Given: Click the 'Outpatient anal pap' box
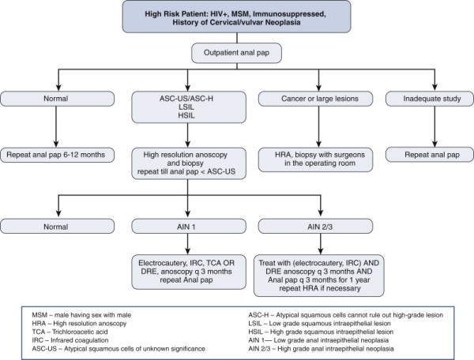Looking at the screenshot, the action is [236, 53].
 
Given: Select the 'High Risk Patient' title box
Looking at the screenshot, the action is [236, 17].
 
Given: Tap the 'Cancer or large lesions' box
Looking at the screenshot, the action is [315, 99].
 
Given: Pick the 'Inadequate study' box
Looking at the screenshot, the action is [430, 99].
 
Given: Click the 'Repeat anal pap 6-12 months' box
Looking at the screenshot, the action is [57, 155].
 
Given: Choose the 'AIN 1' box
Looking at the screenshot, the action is [189, 227].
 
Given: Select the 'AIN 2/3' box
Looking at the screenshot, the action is [315, 227].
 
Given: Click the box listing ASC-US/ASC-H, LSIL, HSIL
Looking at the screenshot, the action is [189, 107].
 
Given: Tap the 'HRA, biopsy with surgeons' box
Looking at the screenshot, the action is [315, 159].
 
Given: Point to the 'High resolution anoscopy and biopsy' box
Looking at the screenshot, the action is [189, 163].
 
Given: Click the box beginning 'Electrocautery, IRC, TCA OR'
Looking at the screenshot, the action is [189, 272].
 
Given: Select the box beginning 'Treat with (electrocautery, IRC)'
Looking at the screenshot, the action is [319, 276].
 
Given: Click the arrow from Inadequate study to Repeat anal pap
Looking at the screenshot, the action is [434, 127].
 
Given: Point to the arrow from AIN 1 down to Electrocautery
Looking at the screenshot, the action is [188, 244].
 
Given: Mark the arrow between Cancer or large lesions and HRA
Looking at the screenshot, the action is [318, 127].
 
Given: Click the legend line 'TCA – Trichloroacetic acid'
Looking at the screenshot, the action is [70, 332].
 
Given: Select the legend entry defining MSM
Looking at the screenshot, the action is [81, 315].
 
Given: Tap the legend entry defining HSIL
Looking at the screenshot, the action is [321, 332].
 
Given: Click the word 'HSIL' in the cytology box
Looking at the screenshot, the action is [186, 115].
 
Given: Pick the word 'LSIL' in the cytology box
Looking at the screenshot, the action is [186, 107].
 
